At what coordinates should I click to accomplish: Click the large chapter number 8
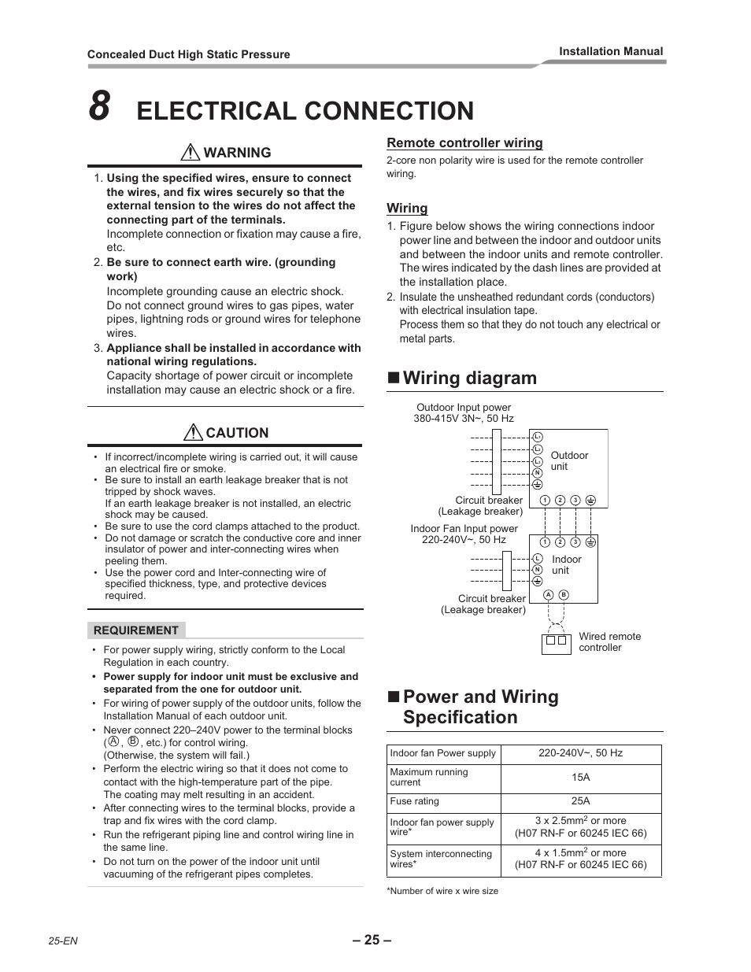99,107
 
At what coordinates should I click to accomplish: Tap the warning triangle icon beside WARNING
190,153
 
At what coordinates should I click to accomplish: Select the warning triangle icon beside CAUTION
193,432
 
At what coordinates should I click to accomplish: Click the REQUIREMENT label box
136,630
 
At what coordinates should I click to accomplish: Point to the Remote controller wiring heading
464,142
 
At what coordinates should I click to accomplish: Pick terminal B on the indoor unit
564,595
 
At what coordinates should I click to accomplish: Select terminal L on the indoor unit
538,557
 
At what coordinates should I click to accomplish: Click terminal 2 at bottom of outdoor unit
560,501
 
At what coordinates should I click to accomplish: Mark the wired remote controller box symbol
556,642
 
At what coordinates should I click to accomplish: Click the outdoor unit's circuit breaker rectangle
497,460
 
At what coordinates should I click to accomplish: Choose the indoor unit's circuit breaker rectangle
506,570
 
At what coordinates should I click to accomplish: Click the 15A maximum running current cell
580,778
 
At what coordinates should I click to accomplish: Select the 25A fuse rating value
580,801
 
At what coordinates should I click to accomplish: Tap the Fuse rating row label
415,801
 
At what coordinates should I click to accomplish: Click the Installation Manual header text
611,51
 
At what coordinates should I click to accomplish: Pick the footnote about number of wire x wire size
442,891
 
